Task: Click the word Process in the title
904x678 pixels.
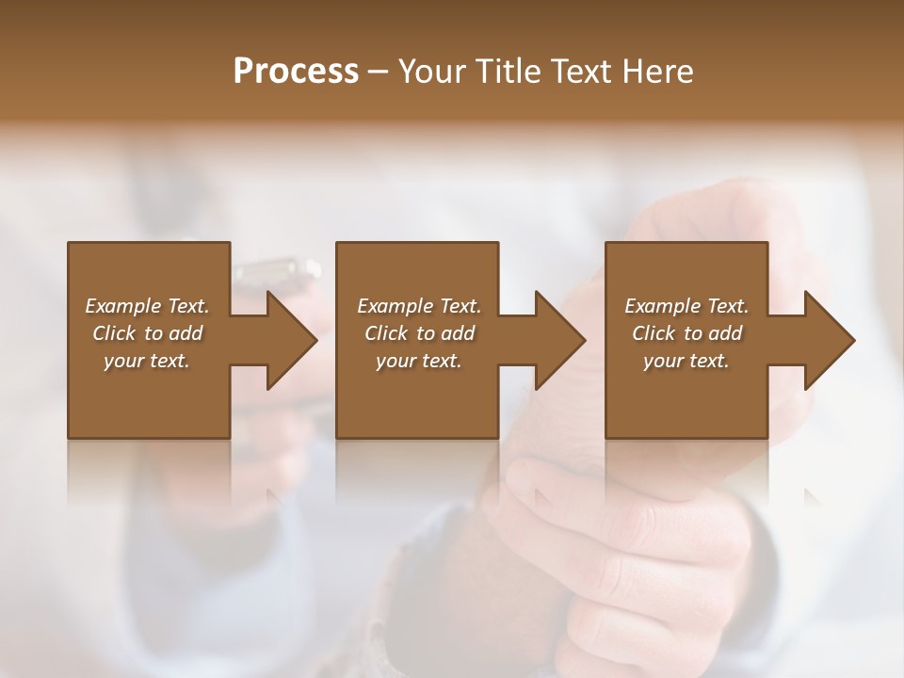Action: pos(296,72)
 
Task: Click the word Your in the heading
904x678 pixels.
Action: pos(428,72)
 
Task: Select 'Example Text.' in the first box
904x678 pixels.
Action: pos(147,306)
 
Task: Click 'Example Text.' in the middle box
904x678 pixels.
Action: pos(419,306)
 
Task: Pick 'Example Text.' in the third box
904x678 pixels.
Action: pos(686,306)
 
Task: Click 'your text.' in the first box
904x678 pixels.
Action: pos(147,361)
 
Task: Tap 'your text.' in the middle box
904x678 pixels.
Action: pos(419,361)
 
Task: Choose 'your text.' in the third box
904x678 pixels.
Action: pos(686,361)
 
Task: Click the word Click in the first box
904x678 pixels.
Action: pos(114,333)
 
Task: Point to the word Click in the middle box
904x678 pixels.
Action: pos(386,333)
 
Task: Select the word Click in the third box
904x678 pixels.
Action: pos(654,333)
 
